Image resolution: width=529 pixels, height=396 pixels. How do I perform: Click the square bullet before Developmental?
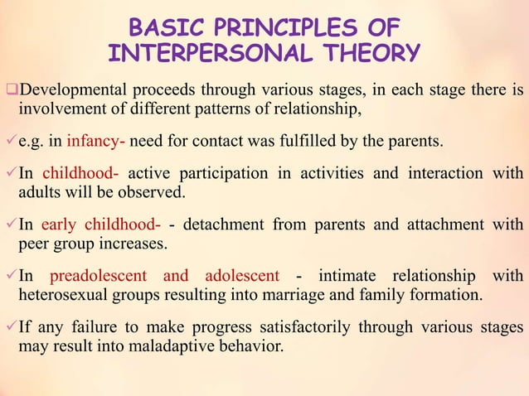click(11, 89)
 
